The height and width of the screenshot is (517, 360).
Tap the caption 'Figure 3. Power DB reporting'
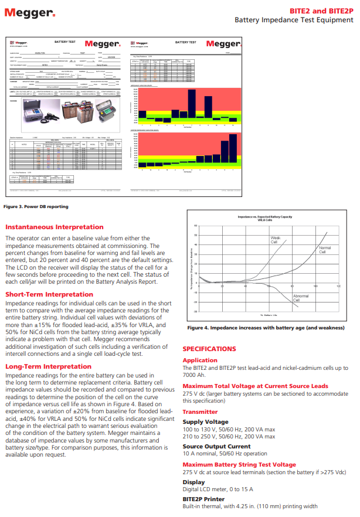point(36,206)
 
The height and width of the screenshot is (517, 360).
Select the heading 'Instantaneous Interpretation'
point(54,227)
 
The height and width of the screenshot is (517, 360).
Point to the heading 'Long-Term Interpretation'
point(48,366)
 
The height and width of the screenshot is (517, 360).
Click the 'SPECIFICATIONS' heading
point(209,349)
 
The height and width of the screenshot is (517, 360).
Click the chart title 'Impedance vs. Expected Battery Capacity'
point(265,217)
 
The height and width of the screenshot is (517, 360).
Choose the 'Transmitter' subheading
point(201,411)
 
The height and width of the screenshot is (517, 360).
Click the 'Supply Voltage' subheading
point(205,422)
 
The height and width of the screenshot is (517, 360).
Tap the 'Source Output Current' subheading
point(216,447)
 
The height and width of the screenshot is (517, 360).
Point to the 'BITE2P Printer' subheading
point(205,499)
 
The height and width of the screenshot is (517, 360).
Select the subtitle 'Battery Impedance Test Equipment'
point(294,20)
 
